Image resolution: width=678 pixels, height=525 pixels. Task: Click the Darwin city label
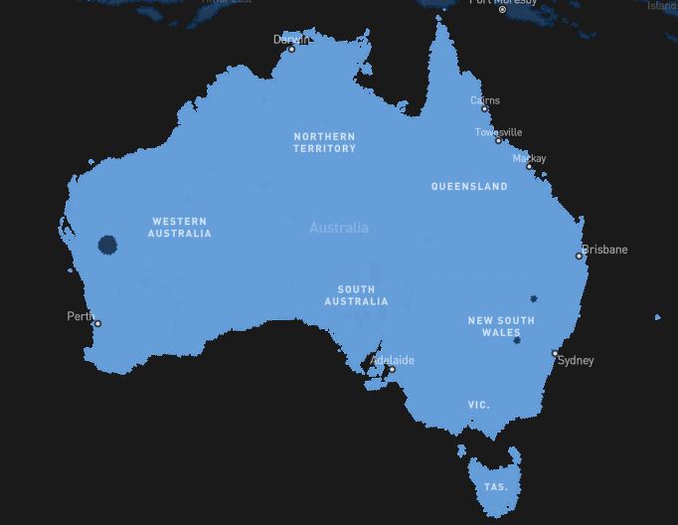290,40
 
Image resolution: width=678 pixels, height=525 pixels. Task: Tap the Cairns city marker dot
485,109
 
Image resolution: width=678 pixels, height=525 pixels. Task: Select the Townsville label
498,132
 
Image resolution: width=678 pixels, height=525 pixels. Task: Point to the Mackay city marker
529,167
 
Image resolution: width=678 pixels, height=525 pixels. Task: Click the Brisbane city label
605,250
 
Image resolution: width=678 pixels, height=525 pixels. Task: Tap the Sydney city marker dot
555,353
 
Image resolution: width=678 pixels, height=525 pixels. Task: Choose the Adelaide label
393,360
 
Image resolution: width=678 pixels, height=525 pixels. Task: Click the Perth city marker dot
97,323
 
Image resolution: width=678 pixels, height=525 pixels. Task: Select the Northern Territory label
324,142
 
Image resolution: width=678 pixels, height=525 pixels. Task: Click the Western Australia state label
180,228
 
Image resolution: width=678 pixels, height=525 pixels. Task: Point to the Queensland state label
469,186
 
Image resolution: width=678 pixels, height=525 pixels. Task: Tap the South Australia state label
356,295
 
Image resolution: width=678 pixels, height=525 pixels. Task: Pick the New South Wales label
501,326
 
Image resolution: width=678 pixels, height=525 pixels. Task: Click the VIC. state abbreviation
479,406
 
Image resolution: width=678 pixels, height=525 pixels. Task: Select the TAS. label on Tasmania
495,487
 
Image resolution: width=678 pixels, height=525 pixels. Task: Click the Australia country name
339,228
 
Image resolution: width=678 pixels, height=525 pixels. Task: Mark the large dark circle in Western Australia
107,245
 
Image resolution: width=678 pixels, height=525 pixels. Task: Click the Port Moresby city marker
502,10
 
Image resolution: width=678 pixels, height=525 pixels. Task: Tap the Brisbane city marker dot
580,256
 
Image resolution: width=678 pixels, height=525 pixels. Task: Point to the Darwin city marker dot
291,49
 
